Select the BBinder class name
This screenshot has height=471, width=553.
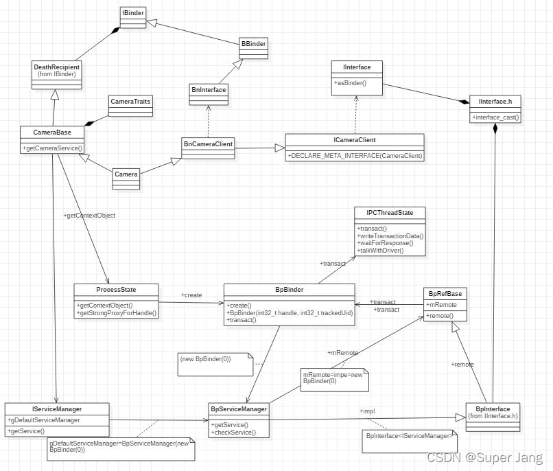point(253,44)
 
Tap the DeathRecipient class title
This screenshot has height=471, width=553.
point(57,67)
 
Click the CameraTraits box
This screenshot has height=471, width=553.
point(130,101)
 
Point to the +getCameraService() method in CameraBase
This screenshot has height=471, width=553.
point(53,148)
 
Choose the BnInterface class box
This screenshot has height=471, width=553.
point(208,89)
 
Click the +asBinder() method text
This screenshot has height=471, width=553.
point(351,83)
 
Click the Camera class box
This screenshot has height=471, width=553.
point(126,174)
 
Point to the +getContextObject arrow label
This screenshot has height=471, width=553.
point(89,216)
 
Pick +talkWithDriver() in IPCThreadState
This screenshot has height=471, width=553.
point(381,251)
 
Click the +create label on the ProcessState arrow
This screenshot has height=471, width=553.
point(191,295)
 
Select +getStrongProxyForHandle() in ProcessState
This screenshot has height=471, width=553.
point(117,313)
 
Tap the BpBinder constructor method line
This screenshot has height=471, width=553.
point(289,313)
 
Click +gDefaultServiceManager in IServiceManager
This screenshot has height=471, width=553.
point(45,420)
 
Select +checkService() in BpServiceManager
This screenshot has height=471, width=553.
point(235,433)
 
